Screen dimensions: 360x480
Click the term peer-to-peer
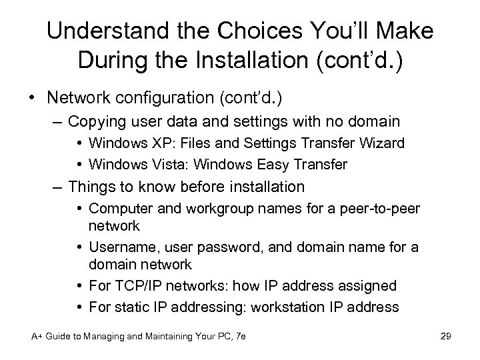[x=379, y=208]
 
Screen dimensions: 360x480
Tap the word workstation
[x=294, y=307]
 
